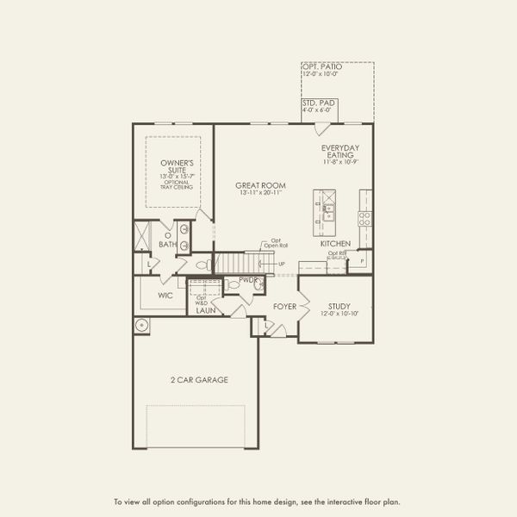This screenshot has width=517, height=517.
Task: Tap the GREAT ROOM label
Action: (x=261, y=185)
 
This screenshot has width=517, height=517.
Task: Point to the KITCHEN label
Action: (x=335, y=244)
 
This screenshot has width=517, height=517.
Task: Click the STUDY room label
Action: (x=338, y=306)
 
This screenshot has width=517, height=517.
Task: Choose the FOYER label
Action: (x=285, y=306)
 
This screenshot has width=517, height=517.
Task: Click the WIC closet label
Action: (x=165, y=296)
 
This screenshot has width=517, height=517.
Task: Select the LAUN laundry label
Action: (x=204, y=310)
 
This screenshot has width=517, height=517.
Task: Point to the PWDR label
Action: (x=249, y=280)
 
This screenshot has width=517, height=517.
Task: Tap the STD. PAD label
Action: (x=318, y=103)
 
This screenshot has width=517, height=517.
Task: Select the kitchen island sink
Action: (x=327, y=207)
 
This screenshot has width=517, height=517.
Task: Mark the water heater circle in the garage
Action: (x=142, y=325)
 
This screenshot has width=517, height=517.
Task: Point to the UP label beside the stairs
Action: (x=281, y=263)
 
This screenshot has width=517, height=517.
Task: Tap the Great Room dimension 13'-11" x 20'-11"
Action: (x=261, y=193)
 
